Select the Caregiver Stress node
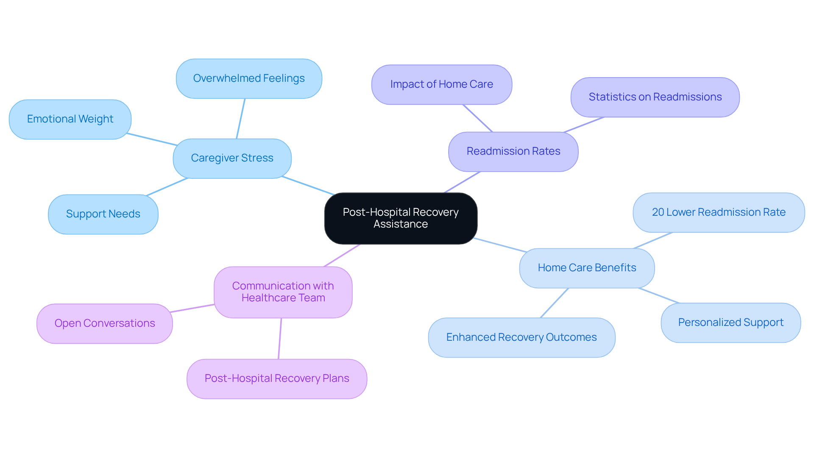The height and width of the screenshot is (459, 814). click(x=232, y=158)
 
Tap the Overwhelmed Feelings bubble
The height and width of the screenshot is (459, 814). click(x=249, y=78)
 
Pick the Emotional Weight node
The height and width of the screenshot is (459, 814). click(x=70, y=119)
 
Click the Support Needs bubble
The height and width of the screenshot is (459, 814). click(x=103, y=214)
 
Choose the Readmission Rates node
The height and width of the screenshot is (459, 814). click(x=513, y=151)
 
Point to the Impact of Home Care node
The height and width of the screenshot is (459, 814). click(x=441, y=84)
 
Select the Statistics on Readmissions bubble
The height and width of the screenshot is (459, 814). click(x=655, y=97)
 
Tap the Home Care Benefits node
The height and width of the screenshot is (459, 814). click(x=587, y=268)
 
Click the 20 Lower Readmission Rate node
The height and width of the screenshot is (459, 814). click(x=719, y=212)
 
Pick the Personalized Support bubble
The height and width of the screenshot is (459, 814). click(x=730, y=323)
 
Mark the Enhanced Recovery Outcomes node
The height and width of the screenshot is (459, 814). click(x=521, y=337)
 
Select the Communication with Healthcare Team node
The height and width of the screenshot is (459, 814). click(x=283, y=292)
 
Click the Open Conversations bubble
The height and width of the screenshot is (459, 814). click(x=105, y=323)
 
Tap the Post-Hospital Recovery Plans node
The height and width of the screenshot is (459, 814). click(x=277, y=378)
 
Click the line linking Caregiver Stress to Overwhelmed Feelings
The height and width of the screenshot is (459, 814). click(x=241, y=119)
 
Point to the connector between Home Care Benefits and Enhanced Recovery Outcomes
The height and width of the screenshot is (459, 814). click(x=554, y=303)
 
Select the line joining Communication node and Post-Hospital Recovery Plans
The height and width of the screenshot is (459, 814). click(x=280, y=339)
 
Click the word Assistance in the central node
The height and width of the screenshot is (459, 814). click(x=401, y=224)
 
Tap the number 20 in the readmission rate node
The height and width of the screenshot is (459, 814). click(x=658, y=212)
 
